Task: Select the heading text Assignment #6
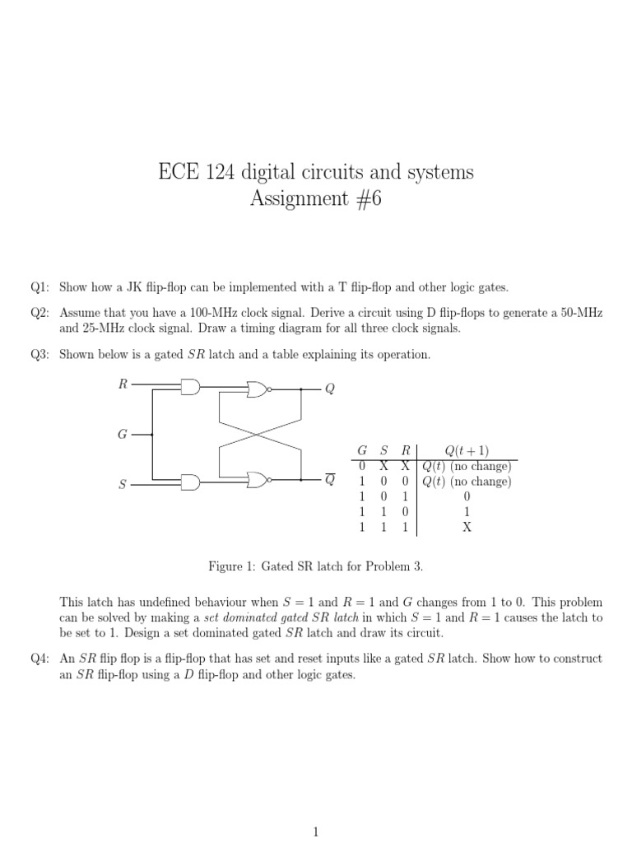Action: [315, 200]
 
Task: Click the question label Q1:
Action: [40, 287]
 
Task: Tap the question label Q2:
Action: [40, 314]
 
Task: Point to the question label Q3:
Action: [40, 355]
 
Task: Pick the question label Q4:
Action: [40, 659]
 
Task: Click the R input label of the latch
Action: [123, 384]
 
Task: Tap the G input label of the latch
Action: [122, 434]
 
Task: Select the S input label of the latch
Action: [123, 485]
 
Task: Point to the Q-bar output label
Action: [330, 480]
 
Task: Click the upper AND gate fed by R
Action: [191, 387]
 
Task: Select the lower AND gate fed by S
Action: [191, 482]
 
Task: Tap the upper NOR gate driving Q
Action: [258, 389]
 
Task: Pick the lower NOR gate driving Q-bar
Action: [258, 479]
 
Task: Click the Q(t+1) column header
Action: [467, 450]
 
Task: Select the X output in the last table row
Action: [467, 528]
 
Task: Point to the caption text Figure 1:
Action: [234, 567]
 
